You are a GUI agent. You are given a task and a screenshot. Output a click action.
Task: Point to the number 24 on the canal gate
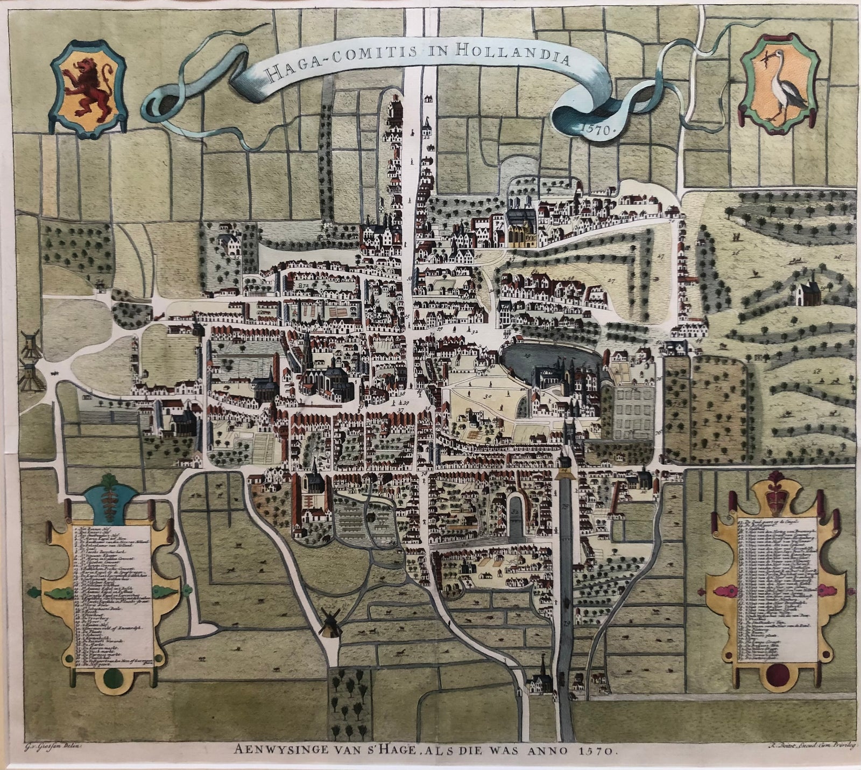coord(564,470)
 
